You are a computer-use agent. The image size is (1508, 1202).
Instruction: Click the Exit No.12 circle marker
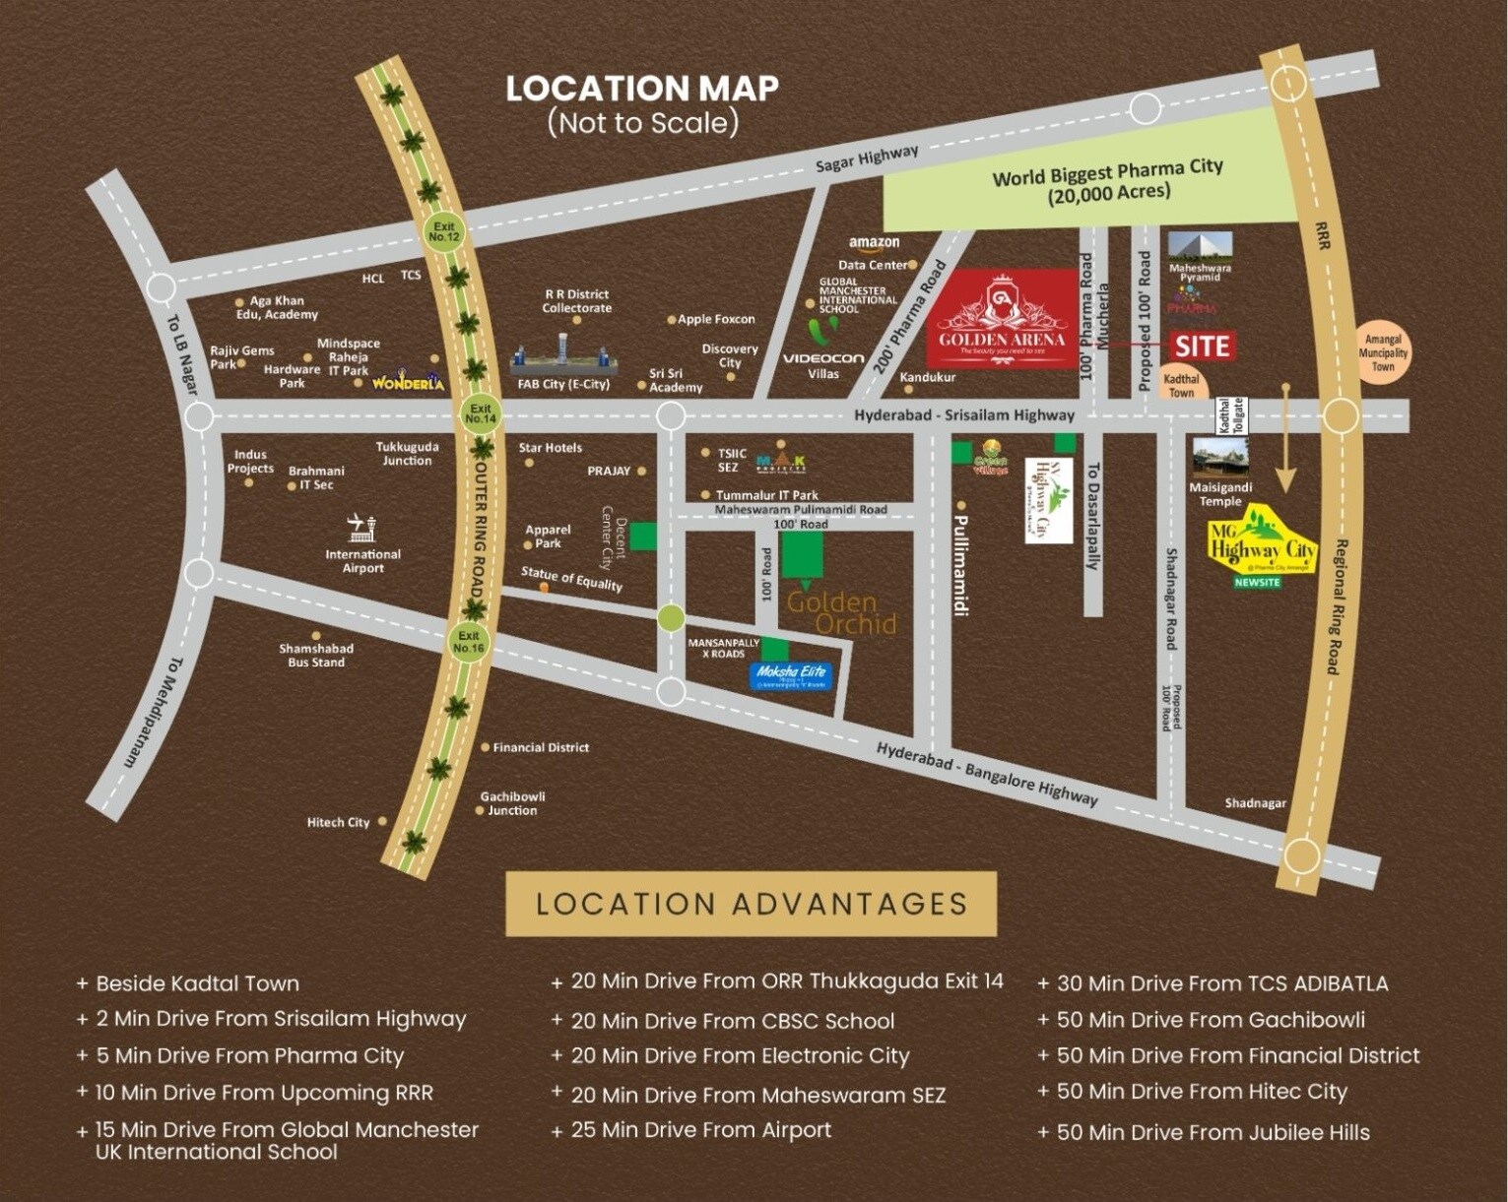(x=444, y=232)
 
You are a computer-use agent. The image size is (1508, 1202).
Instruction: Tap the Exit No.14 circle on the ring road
(x=480, y=413)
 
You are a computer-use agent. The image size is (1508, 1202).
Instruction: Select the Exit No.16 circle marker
(x=469, y=642)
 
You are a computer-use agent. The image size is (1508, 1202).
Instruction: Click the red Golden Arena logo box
(x=1001, y=318)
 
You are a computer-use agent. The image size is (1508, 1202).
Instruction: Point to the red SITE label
(x=1202, y=346)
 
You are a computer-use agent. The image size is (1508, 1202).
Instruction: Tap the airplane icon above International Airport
(x=362, y=527)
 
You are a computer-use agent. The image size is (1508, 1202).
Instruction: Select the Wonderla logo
(x=408, y=381)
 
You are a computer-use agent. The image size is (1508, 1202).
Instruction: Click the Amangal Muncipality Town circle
(x=1383, y=352)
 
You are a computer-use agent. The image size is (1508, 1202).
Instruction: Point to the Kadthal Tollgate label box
(x=1231, y=415)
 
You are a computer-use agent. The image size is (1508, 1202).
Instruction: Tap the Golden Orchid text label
(x=842, y=612)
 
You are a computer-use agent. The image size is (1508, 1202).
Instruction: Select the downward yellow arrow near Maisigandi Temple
(x=1284, y=439)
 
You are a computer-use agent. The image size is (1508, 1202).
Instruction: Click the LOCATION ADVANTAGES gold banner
(x=751, y=904)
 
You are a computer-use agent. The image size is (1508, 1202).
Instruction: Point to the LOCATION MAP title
(x=642, y=89)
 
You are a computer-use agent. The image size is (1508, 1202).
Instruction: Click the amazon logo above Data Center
(x=874, y=242)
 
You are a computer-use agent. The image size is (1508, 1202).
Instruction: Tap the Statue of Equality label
(x=571, y=578)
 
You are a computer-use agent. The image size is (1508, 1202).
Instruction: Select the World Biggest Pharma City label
(x=1107, y=180)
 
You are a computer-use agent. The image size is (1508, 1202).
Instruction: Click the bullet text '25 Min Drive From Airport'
(x=700, y=1130)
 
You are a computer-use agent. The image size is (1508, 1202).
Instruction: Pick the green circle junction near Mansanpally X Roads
(x=671, y=618)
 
